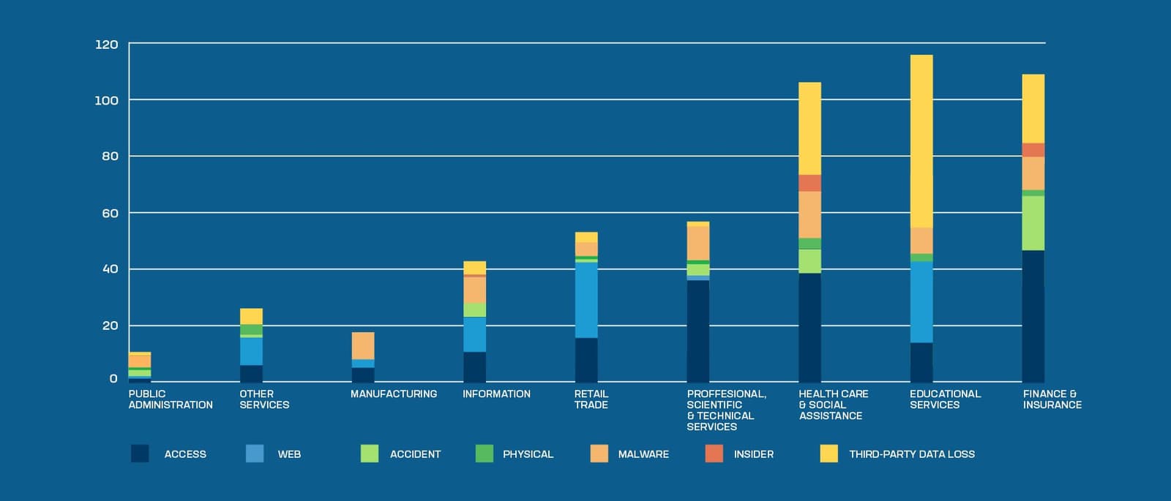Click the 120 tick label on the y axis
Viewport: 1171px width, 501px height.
click(106, 45)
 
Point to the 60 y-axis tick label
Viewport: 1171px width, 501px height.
click(109, 213)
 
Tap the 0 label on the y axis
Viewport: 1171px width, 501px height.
click(113, 379)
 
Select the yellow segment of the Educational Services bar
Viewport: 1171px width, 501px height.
click(921, 141)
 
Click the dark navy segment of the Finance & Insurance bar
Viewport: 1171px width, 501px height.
click(1033, 316)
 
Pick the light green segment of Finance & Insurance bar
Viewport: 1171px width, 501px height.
click(1033, 223)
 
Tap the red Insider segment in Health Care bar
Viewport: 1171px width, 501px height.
click(809, 183)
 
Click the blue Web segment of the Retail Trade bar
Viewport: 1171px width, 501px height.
click(586, 300)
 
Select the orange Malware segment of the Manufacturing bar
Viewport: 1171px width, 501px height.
click(363, 345)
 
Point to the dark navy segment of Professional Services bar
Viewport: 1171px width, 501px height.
click(697, 331)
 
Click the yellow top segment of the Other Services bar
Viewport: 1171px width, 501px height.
click(251, 316)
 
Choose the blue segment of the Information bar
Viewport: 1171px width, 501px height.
click(474, 334)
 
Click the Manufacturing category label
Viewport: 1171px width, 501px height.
click(394, 393)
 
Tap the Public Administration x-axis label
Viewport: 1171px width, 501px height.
click(170, 399)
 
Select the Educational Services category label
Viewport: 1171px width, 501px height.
click(945, 399)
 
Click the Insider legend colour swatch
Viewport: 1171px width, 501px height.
click(714, 453)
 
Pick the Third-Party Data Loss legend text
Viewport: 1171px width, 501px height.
click(911, 454)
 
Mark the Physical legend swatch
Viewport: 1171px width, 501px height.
click(484, 453)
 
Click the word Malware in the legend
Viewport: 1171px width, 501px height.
click(643, 454)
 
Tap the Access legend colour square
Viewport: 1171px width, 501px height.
click(140, 453)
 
